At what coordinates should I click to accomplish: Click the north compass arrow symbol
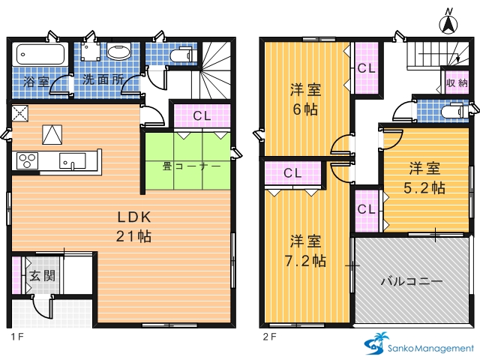448,24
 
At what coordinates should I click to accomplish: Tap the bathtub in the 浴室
40,55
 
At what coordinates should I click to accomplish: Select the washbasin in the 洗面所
119,51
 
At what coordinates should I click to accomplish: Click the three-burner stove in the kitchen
28,161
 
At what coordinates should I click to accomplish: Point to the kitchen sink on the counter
73,161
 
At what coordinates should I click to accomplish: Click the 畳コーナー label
191,166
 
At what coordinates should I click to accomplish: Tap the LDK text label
134,217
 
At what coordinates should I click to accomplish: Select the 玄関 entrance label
43,276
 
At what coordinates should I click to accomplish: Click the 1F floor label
17,337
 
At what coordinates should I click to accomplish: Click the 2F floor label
270,337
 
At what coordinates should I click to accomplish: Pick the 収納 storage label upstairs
457,82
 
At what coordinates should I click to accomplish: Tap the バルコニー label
412,281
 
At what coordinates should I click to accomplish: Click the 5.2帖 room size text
424,188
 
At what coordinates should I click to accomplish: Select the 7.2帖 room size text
305,261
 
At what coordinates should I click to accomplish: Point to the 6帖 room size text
305,109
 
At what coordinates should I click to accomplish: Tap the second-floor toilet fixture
454,111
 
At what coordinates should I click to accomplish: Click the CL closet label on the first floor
202,115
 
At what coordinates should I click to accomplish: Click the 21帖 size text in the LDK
133,236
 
